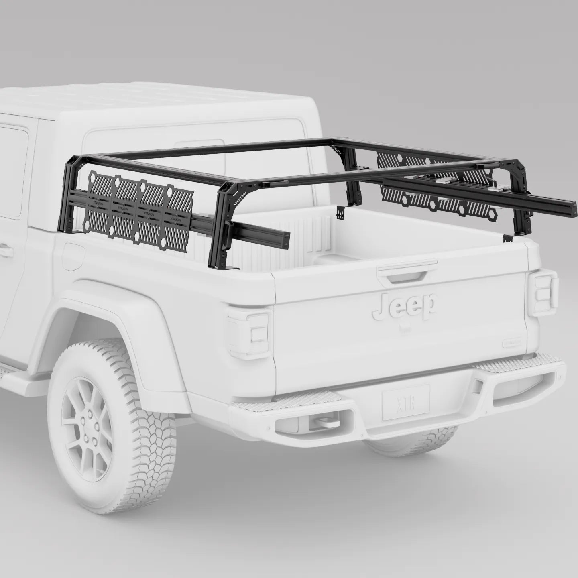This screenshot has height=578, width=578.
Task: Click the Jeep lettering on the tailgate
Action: click(x=403, y=306)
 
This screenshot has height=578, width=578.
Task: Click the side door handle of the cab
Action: click(x=5, y=251)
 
